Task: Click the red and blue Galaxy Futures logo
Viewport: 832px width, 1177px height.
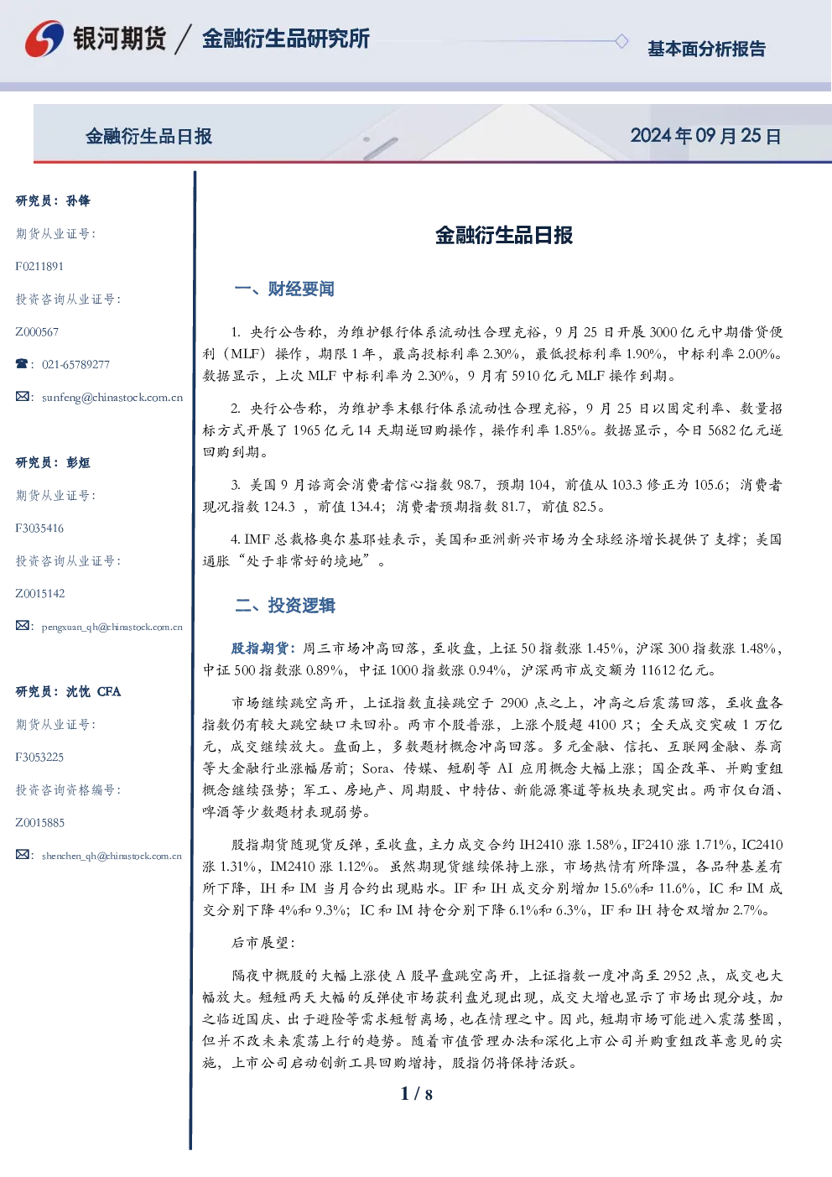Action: pos(44,39)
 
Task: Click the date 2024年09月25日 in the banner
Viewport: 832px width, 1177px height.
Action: pos(705,136)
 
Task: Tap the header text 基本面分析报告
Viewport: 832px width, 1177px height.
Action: pos(706,49)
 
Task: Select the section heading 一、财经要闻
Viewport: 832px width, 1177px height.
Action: pos(284,289)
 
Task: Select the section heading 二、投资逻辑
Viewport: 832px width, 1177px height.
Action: pos(284,606)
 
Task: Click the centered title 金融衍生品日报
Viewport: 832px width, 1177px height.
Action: pos(504,235)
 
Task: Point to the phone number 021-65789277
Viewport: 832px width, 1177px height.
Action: pos(75,364)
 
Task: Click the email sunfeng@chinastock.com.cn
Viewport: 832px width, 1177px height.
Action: pos(112,398)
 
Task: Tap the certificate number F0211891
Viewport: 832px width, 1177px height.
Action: pos(39,267)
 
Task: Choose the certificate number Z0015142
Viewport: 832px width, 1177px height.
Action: pos(40,594)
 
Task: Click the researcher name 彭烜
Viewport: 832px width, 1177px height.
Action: pos(78,462)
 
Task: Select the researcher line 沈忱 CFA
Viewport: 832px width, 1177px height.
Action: pos(93,691)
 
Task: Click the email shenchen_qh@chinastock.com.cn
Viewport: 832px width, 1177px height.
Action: pos(112,856)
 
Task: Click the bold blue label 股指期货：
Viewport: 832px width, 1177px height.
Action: pos(264,648)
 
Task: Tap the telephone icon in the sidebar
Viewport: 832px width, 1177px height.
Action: pos(22,363)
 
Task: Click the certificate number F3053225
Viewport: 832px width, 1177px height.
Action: pos(39,758)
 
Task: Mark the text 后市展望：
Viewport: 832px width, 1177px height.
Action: pos(263,943)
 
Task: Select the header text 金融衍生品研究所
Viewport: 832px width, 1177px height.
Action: pos(286,39)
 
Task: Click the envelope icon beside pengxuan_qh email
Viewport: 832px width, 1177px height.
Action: pos(22,625)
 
